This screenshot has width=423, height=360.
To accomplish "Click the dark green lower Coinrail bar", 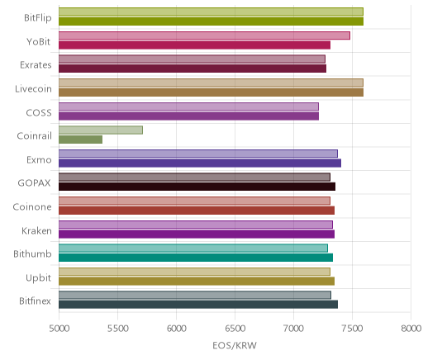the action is pos(80,140).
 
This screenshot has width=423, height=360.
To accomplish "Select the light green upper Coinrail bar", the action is pos(101,130).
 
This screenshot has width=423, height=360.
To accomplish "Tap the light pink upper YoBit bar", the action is pos(204,36).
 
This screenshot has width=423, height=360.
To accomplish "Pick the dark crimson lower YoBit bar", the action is pos(194,45).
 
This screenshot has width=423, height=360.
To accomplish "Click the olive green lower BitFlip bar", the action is pos(211,21).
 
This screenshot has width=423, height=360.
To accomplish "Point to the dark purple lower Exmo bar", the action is pos(200,163).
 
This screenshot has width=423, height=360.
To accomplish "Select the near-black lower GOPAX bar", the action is pos(197,187).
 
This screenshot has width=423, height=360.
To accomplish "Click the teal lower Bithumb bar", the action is pos(196,258).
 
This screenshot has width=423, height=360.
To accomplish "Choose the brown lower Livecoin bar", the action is pos(211,92).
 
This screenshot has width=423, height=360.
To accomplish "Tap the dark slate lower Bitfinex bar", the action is pos(198,305).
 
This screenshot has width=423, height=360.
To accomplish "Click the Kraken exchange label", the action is pos(36,230).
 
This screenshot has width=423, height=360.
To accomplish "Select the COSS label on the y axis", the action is pos(39,113).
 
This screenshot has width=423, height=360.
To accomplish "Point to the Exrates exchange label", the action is pos(36,65).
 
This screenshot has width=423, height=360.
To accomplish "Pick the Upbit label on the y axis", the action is pos(38,278).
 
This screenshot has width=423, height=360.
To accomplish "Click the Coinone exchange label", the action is pos(32,207).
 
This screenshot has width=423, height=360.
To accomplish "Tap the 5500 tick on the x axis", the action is pos(117,329).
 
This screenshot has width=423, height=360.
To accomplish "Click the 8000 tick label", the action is pos(411,329).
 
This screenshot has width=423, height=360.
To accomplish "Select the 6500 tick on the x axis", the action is pos(235,329).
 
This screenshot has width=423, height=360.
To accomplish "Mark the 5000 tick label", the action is pos(59,329).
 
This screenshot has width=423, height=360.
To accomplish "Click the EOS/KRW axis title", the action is pos(235,345).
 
